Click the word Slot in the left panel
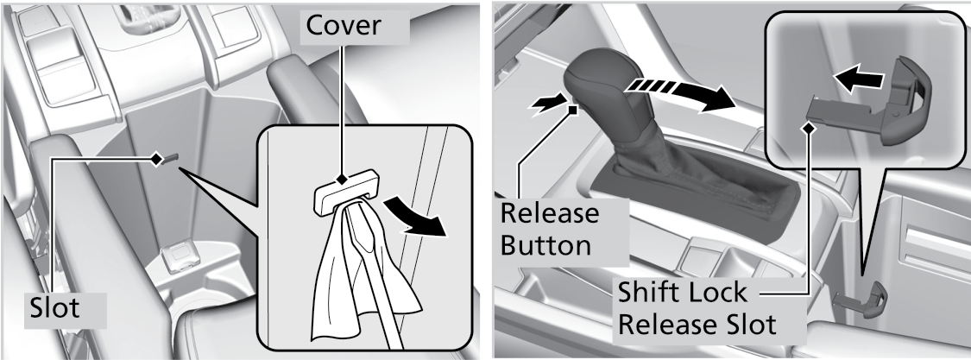pos(55,307)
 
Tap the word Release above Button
pos(549,213)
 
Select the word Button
pos(545,245)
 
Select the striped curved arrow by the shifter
pos(678,94)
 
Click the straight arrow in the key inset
pos(858,78)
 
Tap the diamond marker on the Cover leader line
pos(341,180)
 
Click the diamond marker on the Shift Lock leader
pos(808,127)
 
